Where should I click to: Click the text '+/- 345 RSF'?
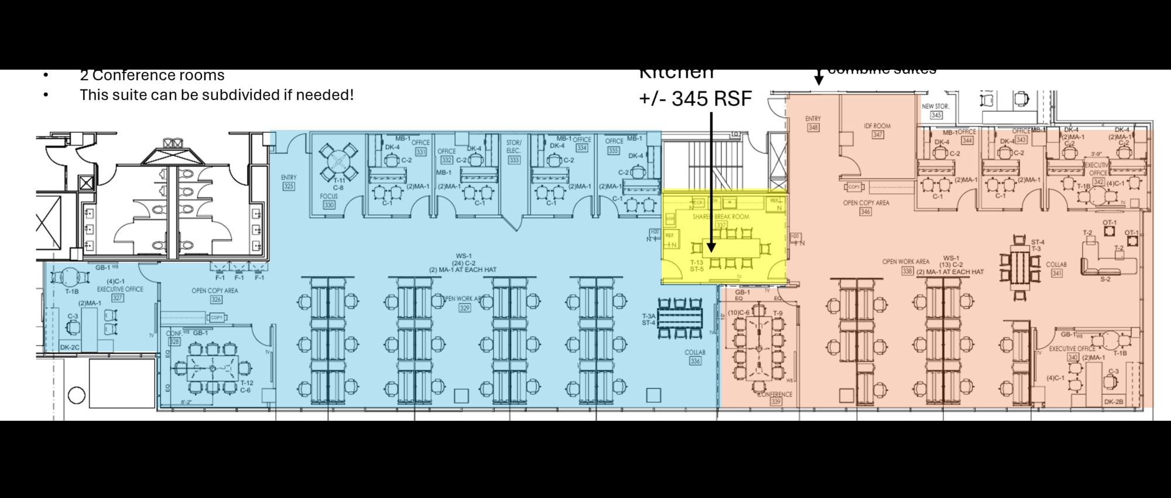pyautogui.click(x=695, y=99)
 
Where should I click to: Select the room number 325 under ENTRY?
pyautogui.click(x=289, y=186)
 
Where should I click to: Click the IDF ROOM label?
pyautogui.click(x=877, y=126)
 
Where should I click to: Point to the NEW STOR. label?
pyautogui.click(x=935, y=107)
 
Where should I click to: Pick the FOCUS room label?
pyautogui.click(x=329, y=197)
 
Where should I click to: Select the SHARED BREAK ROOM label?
pyautogui.click(x=721, y=217)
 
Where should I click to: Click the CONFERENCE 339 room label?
pyautogui.click(x=775, y=394)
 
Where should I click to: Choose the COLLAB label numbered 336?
pyautogui.click(x=695, y=352)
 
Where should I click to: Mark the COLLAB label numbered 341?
pyautogui.click(x=1056, y=265)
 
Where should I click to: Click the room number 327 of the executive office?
pyautogui.click(x=118, y=298)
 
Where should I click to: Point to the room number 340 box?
pyautogui.click(x=1073, y=357)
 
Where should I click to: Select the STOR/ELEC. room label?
pyautogui.click(x=513, y=146)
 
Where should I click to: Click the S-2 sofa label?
pyautogui.click(x=1105, y=279)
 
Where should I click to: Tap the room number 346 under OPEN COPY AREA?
pyautogui.click(x=865, y=211)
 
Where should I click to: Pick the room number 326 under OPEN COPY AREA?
pyautogui.click(x=215, y=299)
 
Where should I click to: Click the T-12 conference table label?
pyautogui.click(x=246, y=383)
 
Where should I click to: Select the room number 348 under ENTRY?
pyautogui.click(x=813, y=127)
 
